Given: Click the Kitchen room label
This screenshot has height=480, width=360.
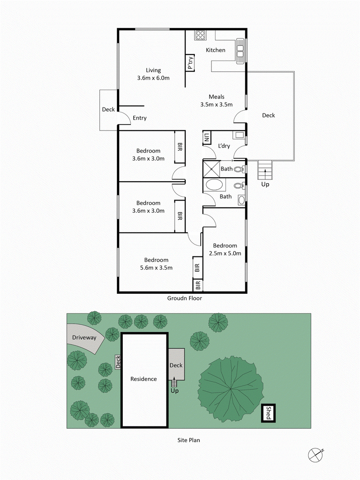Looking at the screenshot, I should click(216, 50).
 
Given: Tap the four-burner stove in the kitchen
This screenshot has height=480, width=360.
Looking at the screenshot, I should click(200, 36).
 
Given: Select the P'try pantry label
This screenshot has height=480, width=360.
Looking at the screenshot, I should click(191, 63).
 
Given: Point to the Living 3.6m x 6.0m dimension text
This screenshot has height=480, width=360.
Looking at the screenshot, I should click(153, 78).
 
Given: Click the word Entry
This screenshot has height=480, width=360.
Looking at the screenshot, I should click(139, 118).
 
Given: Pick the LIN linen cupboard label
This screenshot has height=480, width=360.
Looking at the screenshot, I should click(207, 137).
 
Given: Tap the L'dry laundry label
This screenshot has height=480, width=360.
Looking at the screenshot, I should click(224, 147).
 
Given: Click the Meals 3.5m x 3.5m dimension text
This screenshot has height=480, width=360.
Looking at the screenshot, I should click(216, 105).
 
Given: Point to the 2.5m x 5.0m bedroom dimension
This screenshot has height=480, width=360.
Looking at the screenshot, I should click(225, 253).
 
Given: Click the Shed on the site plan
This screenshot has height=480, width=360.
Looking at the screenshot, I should click(267, 413).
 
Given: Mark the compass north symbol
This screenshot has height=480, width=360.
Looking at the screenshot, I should click(315, 454).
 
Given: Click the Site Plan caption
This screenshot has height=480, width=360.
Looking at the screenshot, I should click(189, 440).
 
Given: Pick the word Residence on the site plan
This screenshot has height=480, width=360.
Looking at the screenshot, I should click(144, 379).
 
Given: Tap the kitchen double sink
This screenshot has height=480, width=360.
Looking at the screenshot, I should click(240, 50).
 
